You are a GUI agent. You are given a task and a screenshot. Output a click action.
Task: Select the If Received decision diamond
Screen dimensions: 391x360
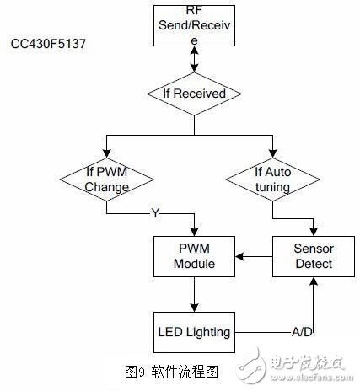click(195, 94)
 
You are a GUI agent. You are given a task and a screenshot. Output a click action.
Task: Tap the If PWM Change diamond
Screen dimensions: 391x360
click(107, 179)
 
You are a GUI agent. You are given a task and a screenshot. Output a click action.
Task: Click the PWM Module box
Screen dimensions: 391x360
click(195, 255)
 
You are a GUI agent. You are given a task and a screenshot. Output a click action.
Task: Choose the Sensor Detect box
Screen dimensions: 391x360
click(314, 255)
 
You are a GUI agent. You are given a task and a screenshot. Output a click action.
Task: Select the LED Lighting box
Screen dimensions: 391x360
click(195, 331)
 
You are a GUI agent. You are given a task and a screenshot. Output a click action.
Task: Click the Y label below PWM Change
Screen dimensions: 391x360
click(154, 212)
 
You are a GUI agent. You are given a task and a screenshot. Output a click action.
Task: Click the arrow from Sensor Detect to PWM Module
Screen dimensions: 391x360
click(254, 255)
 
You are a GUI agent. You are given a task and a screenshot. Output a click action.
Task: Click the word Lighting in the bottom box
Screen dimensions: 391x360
click(210, 331)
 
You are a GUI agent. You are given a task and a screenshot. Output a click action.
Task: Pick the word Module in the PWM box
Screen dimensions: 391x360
click(195, 264)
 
